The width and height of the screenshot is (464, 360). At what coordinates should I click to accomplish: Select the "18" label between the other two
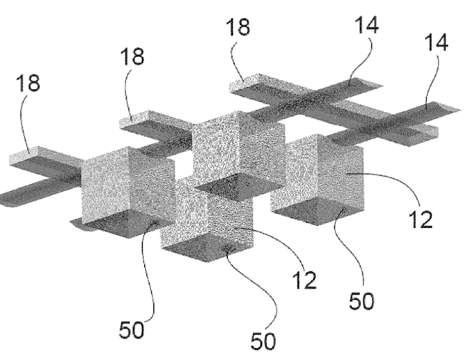[132, 57]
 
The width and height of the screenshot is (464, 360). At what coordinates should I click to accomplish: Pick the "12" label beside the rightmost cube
[422, 221]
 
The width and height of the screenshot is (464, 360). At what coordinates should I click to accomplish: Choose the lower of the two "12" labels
[304, 280]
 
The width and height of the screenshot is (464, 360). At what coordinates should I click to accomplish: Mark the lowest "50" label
[263, 341]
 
